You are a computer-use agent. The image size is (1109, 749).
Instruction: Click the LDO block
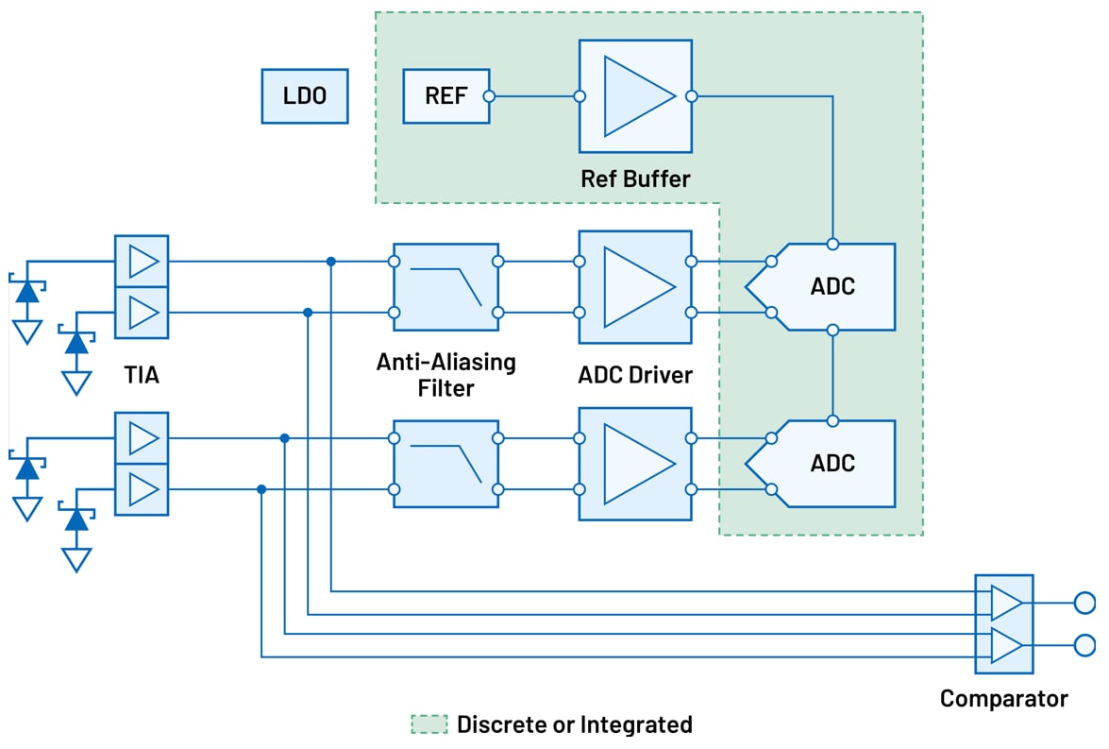tap(304, 96)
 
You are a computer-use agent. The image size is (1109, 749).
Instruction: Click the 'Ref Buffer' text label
tap(635, 179)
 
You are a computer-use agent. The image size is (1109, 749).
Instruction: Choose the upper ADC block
tap(831, 287)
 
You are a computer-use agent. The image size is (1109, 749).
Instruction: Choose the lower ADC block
tap(831, 464)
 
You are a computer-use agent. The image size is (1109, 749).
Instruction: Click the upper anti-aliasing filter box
tap(445, 287)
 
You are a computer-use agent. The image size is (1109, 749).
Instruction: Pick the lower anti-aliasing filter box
tap(445, 464)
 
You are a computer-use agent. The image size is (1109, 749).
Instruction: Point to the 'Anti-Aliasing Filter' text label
tap(445, 374)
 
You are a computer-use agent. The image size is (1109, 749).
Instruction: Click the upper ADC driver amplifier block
tap(635, 287)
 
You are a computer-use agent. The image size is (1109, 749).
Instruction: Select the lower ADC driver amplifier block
tap(635, 464)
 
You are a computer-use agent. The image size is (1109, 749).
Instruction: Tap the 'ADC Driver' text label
tap(635, 375)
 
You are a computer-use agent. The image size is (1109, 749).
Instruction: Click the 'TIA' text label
tap(142, 375)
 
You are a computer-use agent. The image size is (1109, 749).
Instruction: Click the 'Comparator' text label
tap(1003, 699)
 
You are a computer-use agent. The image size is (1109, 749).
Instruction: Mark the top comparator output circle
tap(1084, 603)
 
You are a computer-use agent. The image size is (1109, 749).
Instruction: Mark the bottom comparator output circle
tap(1084, 646)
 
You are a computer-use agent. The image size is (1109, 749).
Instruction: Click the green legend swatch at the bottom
tap(429, 724)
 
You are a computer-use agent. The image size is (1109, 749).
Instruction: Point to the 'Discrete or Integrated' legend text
tap(574, 724)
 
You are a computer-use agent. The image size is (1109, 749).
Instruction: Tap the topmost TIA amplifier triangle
tap(143, 261)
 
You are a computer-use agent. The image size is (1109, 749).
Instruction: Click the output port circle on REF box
tap(489, 96)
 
